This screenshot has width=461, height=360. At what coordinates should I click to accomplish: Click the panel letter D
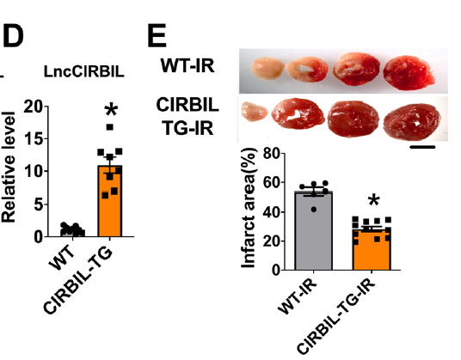point(13,36)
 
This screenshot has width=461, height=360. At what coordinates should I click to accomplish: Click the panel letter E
point(157,36)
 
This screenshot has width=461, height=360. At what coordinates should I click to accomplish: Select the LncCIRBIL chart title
point(83,71)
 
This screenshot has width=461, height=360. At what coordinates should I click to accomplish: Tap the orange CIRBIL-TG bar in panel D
point(110,201)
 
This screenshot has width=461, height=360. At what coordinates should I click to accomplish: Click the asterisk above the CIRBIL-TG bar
point(111,111)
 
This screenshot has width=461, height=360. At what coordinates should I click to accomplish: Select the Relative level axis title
point(9,167)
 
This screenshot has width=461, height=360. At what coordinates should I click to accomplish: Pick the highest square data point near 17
point(110,127)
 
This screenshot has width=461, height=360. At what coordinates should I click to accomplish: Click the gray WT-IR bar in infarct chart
point(314,230)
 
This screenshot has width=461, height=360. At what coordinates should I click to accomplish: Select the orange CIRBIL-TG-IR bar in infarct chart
point(372,249)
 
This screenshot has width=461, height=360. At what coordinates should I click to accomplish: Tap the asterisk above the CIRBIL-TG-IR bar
point(374,201)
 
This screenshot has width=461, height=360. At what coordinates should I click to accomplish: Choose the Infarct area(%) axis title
point(248,208)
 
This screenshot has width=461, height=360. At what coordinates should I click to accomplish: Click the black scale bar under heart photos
point(422,147)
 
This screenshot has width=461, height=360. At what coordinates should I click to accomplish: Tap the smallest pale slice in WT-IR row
point(267,68)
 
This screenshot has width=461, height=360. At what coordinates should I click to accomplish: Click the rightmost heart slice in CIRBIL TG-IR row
point(412,119)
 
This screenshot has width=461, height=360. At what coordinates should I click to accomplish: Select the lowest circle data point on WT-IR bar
point(314,210)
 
